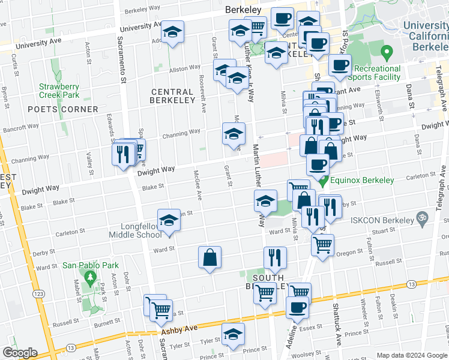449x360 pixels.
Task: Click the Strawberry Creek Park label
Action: click(59, 91)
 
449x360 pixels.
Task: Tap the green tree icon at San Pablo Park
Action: click(91, 277)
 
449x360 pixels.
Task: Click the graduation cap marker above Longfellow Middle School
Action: click(169, 220)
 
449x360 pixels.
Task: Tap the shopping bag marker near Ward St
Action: click(210, 257)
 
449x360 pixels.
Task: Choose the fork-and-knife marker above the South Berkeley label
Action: click(275, 257)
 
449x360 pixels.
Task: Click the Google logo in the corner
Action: click(20, 353)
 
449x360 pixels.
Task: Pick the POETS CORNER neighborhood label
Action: click(62, 109)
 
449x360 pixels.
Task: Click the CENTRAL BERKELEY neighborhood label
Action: click(173, 96)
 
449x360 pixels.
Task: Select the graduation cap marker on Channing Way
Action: click(234, 134)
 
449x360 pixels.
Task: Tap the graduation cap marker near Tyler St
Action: click(233, 334)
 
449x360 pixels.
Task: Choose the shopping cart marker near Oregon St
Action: click(323, 245)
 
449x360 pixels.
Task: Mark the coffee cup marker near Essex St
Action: click(297, 308)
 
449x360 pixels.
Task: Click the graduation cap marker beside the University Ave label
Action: click(173, 32)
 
